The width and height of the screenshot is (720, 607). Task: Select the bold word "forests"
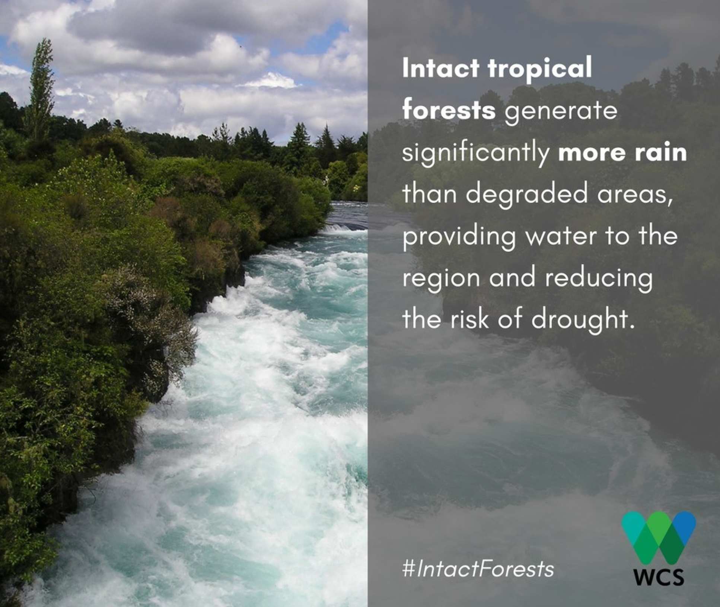click(x=449, y=111)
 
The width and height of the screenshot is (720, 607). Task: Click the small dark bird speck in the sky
click(x=242, y=47)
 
